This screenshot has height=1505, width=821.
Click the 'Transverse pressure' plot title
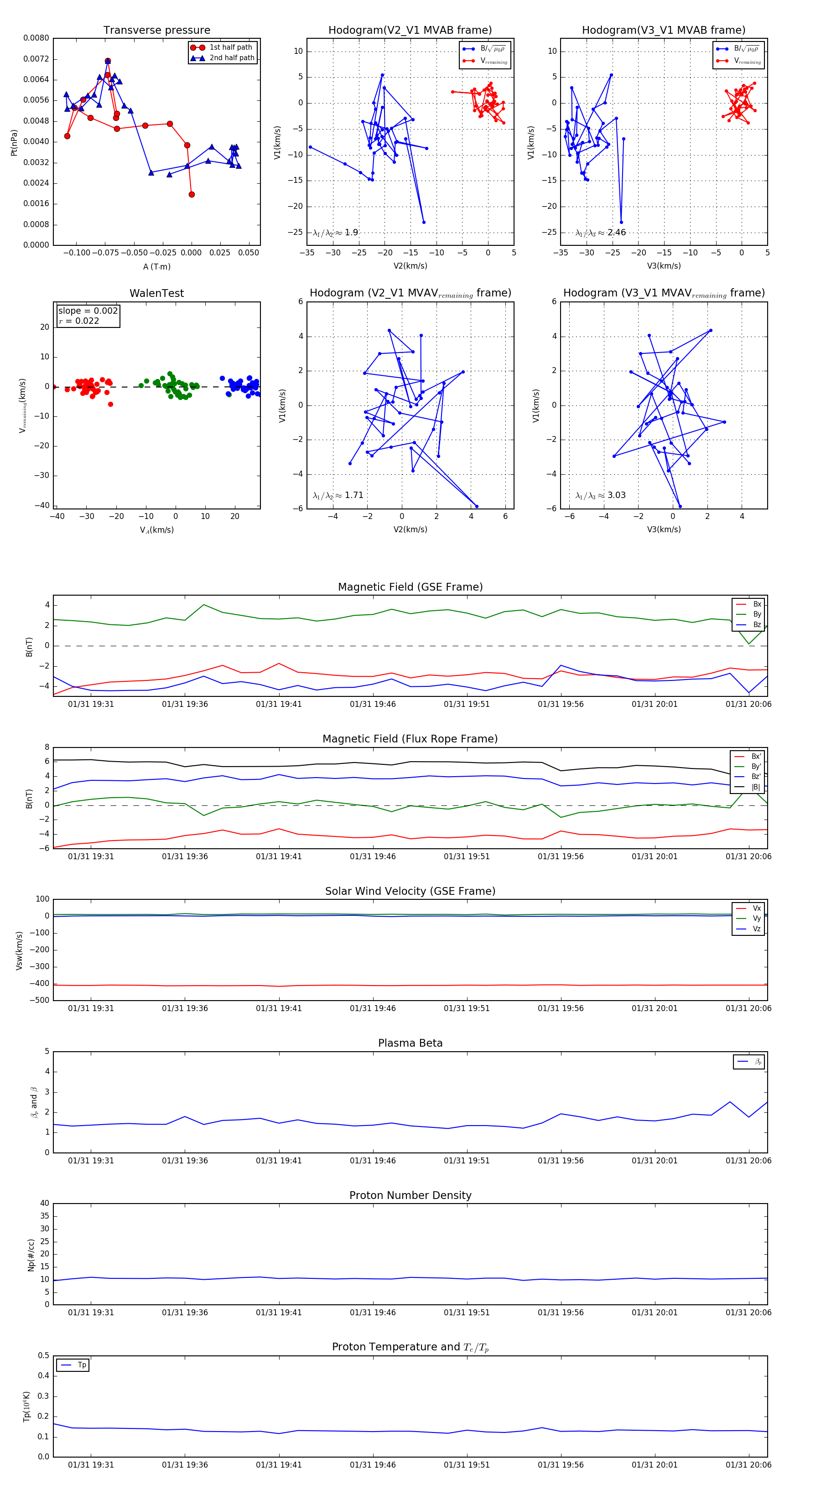tap(156, 31)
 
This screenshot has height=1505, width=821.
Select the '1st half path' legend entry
tap(230, 47)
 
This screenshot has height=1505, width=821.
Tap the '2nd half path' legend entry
tap(231, 58)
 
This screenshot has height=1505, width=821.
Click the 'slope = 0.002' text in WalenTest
tap(88, 311)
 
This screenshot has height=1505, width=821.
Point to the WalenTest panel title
tap(156, 293)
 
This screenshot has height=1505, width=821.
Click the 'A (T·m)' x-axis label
tap(156, 266)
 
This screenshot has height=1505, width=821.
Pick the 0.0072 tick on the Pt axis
tap(36, 59)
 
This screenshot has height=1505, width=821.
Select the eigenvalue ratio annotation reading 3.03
tap(600, 495)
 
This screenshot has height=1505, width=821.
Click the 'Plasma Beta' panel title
tap(410, 1043)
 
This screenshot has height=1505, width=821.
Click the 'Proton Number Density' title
tap(410, 1195)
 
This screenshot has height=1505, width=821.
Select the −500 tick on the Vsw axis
tap(40, 1000)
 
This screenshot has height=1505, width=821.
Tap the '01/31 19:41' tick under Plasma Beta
tap(279, 1160)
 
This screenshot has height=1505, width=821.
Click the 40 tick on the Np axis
tap(44, 1203)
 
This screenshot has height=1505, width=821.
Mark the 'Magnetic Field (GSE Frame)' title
tap(410, 587)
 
